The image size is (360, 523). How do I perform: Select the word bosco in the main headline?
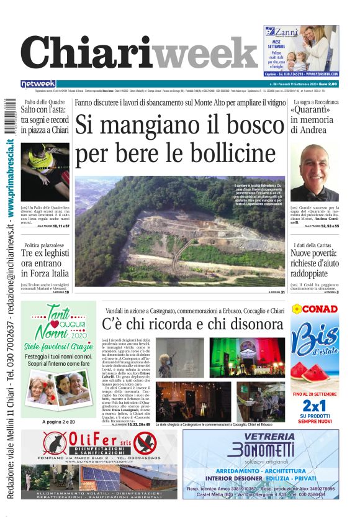pos(248,125)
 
